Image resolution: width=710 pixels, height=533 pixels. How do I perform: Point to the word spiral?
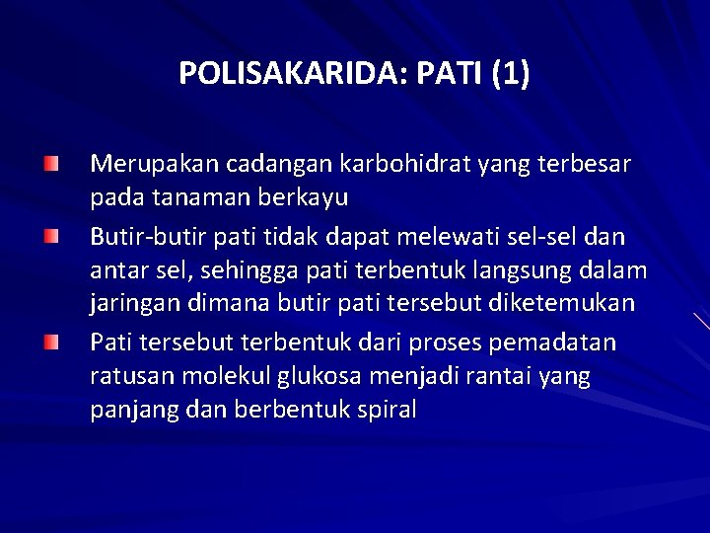[x=387, y=410]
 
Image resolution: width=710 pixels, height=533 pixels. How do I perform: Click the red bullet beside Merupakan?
[x=50, y=161]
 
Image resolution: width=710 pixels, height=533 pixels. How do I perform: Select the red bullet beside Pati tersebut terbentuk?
[x=50, y=342]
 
